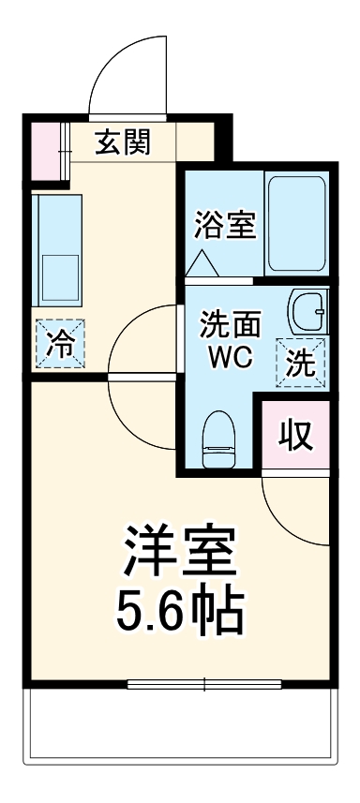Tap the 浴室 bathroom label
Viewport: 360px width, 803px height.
225,225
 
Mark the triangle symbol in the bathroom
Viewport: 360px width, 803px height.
202,264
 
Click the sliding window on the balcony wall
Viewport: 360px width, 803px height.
204,685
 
